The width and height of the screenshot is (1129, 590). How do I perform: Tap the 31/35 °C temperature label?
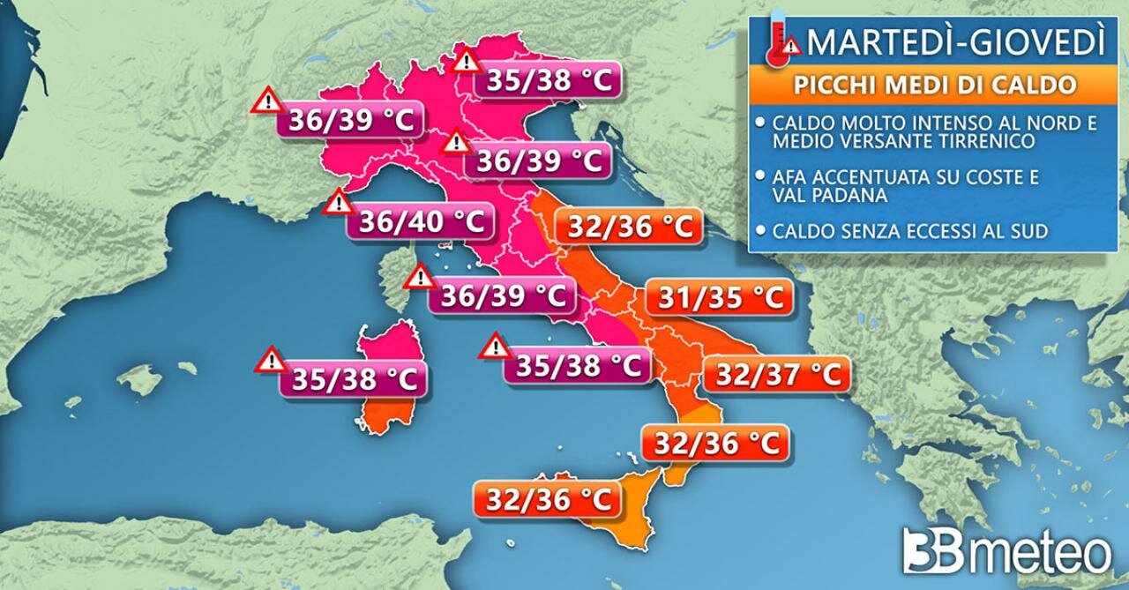point(716,299)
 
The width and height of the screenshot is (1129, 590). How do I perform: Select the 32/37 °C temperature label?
point(776,375)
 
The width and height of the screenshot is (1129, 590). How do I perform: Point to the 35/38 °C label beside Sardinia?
point(354,379)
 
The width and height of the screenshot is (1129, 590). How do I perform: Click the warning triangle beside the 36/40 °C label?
point(338,204)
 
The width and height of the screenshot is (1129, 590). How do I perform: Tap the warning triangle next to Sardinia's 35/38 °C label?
point(271,360)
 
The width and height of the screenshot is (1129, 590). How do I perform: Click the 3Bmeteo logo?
point(1006,553)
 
